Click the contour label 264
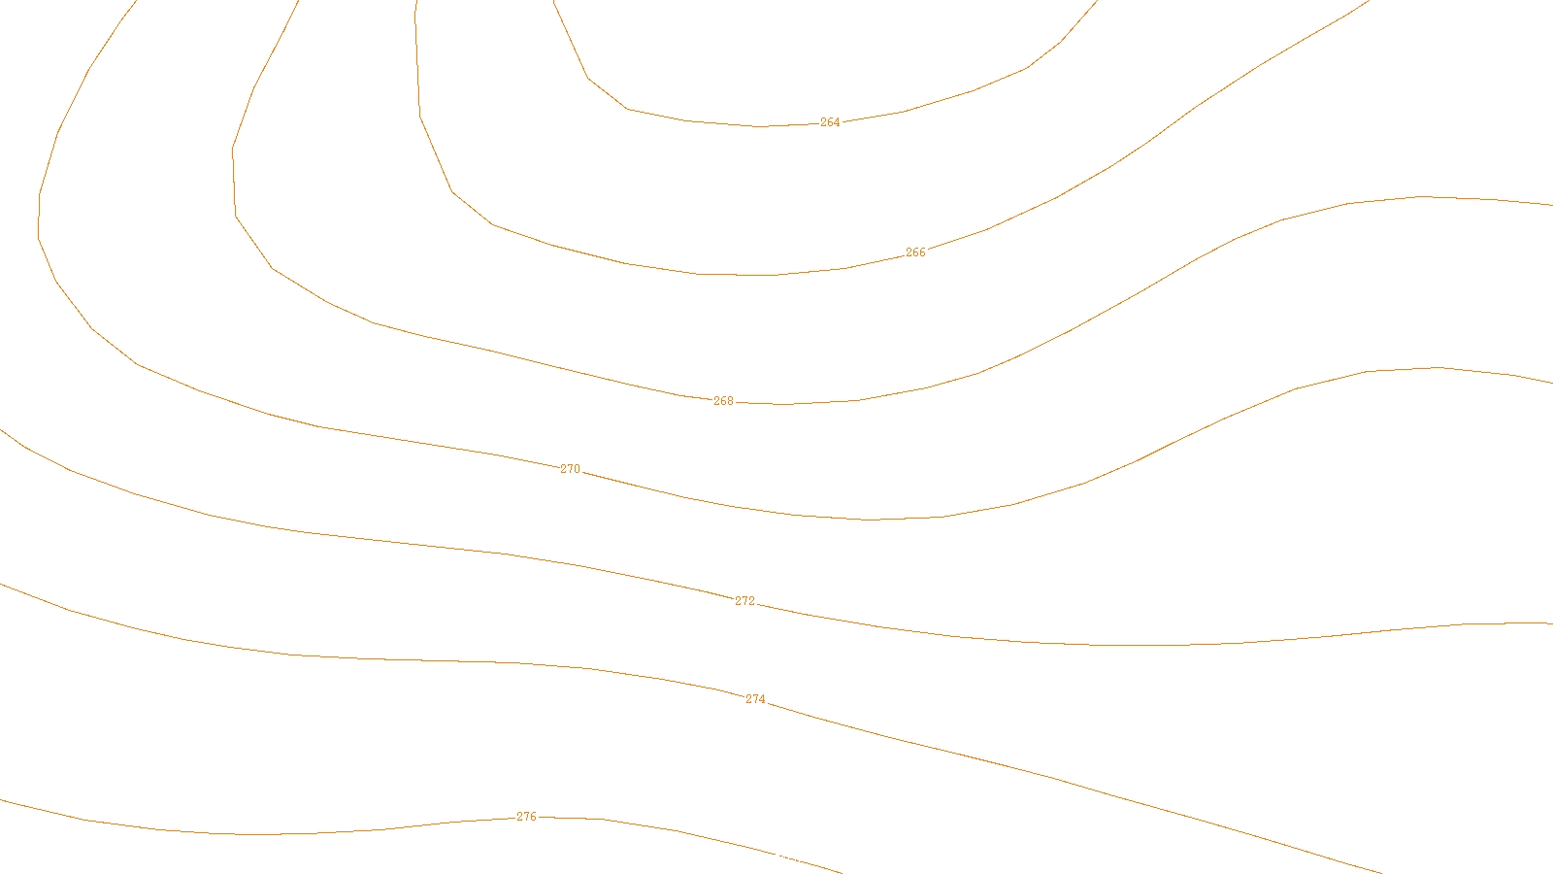coord(830,122)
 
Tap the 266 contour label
coord(915,252)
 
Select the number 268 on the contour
coord(723,401)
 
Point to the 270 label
coord(570,469)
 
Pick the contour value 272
coord(744,601)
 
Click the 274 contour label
coord(755,699)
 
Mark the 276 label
coord(526,817)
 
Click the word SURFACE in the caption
coord(776,858)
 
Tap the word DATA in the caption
coord(820,858)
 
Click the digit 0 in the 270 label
coord(577,469)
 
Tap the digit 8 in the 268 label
coord(730,401)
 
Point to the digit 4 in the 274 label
coord(762,699)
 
